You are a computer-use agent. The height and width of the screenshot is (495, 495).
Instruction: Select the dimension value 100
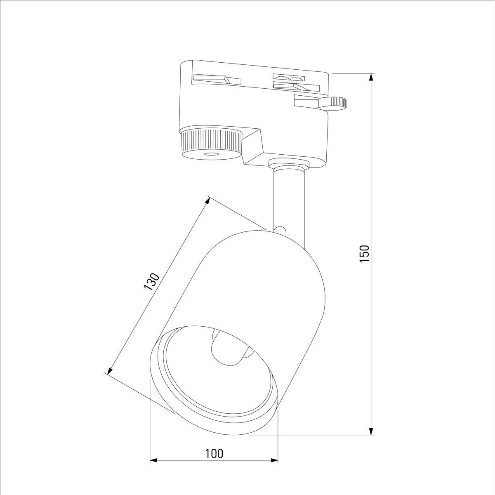pos(214,454)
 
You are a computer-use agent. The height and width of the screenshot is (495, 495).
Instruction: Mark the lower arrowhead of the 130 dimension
pos(109,371)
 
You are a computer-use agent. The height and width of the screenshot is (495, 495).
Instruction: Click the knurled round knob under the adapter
pos(211,142)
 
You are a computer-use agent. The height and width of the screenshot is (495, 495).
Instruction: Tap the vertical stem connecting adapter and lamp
pos(289,198)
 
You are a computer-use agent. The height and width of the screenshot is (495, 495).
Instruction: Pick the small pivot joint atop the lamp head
pos(280,230)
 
